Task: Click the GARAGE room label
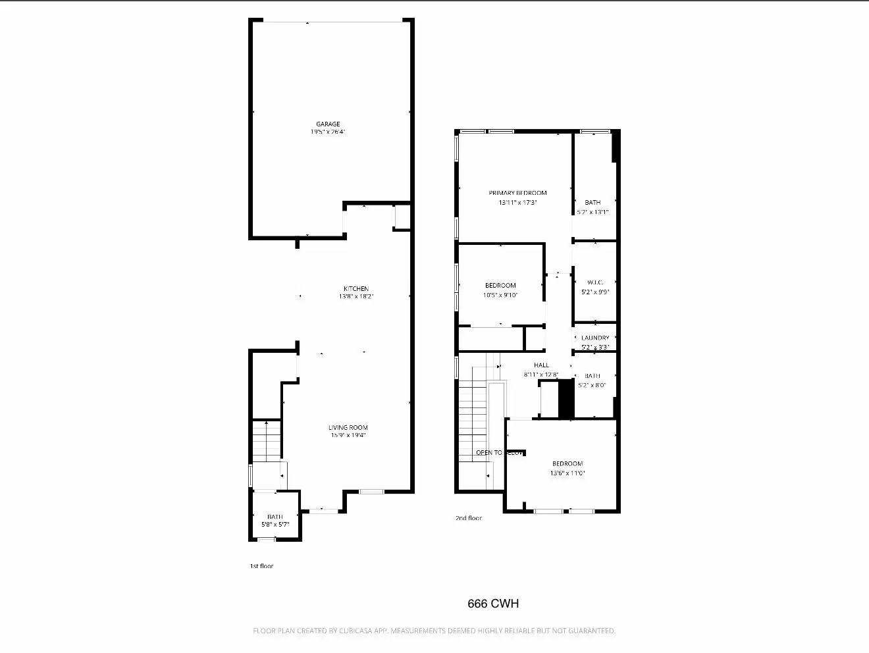pyautogui.click(x=328, y=124)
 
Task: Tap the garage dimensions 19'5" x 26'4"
pyautogui.click(x=328, y=132)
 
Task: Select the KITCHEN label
pyautogui.click(x=356, y=289)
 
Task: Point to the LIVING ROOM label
pyautogui.click(x=348, y=428)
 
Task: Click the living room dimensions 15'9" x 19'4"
pyautogui.click(x=348, y=435)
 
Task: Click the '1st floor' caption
pyautogui.click(x=261, y=566)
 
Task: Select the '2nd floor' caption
pyautogui.click(x=469, y=518)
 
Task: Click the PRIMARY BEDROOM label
pyautogui.click(x=517, y=193)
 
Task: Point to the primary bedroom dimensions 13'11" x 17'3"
pyautogui.click(x=517, y=203)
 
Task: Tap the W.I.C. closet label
pyautogui.click(x=595, y=282)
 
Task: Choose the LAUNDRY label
pyautogui.click(x=595, y=338)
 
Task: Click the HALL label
pyautogui.click(x=541, y=365)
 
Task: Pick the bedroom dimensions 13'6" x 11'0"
pyautogui.click(x=567, y=473)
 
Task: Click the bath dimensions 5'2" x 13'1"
pyautogui.click(x=592, y=212)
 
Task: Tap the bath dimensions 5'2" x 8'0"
pyautogui.click(x=592, y=385)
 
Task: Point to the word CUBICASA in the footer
pyautogui.click(x=358, y=631)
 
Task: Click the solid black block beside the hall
pyautogui.click(x=566, y=399)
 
